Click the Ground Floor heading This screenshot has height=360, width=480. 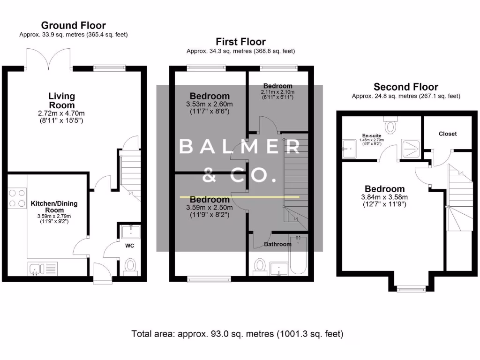74,25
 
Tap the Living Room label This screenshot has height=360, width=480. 61,100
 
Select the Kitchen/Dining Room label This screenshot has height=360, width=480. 54,207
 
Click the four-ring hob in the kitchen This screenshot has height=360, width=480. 17,198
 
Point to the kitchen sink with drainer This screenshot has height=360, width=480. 43,269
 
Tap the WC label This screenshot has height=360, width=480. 129,246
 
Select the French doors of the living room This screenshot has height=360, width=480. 49,59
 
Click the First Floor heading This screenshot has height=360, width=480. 240,42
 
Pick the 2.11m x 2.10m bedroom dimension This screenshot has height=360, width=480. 277,92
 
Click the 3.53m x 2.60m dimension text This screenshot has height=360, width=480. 210,104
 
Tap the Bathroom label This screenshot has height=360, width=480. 277,244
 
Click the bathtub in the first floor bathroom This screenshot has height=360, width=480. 298,255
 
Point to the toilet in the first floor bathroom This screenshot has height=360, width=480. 260,266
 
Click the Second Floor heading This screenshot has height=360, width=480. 406,87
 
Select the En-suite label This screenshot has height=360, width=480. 372,135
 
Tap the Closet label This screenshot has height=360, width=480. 448,134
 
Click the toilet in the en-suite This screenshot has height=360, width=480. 390,125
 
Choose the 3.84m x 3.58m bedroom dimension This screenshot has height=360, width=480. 384,197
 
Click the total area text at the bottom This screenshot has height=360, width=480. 237,334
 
